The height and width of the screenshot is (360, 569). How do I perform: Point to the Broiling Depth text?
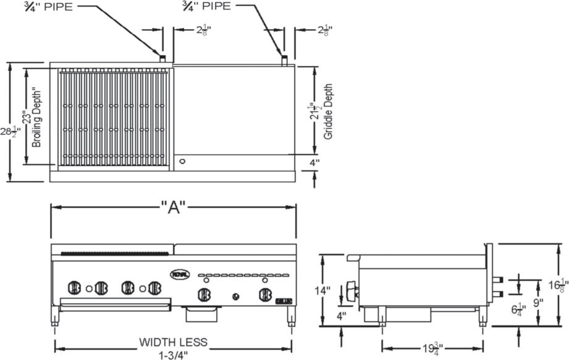37,117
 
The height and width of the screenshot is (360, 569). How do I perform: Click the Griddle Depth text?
328,111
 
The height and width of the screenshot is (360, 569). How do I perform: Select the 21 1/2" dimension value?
316,111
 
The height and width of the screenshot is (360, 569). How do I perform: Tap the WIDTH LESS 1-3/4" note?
173,348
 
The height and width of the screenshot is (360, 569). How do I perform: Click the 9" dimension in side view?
538,303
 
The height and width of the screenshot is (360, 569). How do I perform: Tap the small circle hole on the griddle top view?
182,162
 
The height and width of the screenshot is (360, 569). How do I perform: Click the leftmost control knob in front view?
74,287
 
